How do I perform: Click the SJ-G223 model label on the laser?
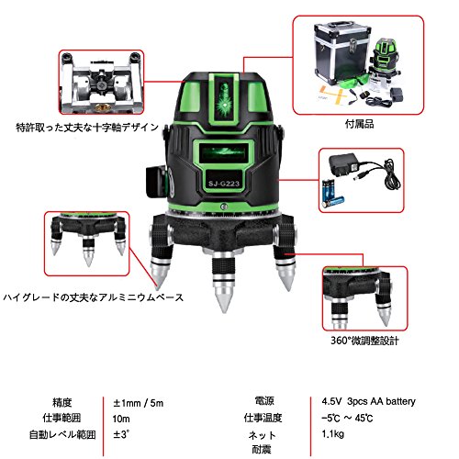pos(224,184)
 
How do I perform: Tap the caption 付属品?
pos(359,124)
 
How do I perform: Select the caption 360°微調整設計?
pos(364,341)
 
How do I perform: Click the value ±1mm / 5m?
pos(138,403)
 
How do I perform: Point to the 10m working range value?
pos(121,419)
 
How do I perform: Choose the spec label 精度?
pos(62,402)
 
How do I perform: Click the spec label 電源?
pos(264,401)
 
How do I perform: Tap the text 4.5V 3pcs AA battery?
pos(368,401)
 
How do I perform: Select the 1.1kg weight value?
pos(332,434)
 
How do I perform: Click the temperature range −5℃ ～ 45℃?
pos(347,418)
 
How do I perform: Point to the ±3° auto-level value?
pos(121,434)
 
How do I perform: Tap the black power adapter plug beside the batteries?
pos(342,165)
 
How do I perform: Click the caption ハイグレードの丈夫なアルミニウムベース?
pos(94,297)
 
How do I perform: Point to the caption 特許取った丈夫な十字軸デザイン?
pos(87,128)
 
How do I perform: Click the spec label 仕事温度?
pos(263,418)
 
